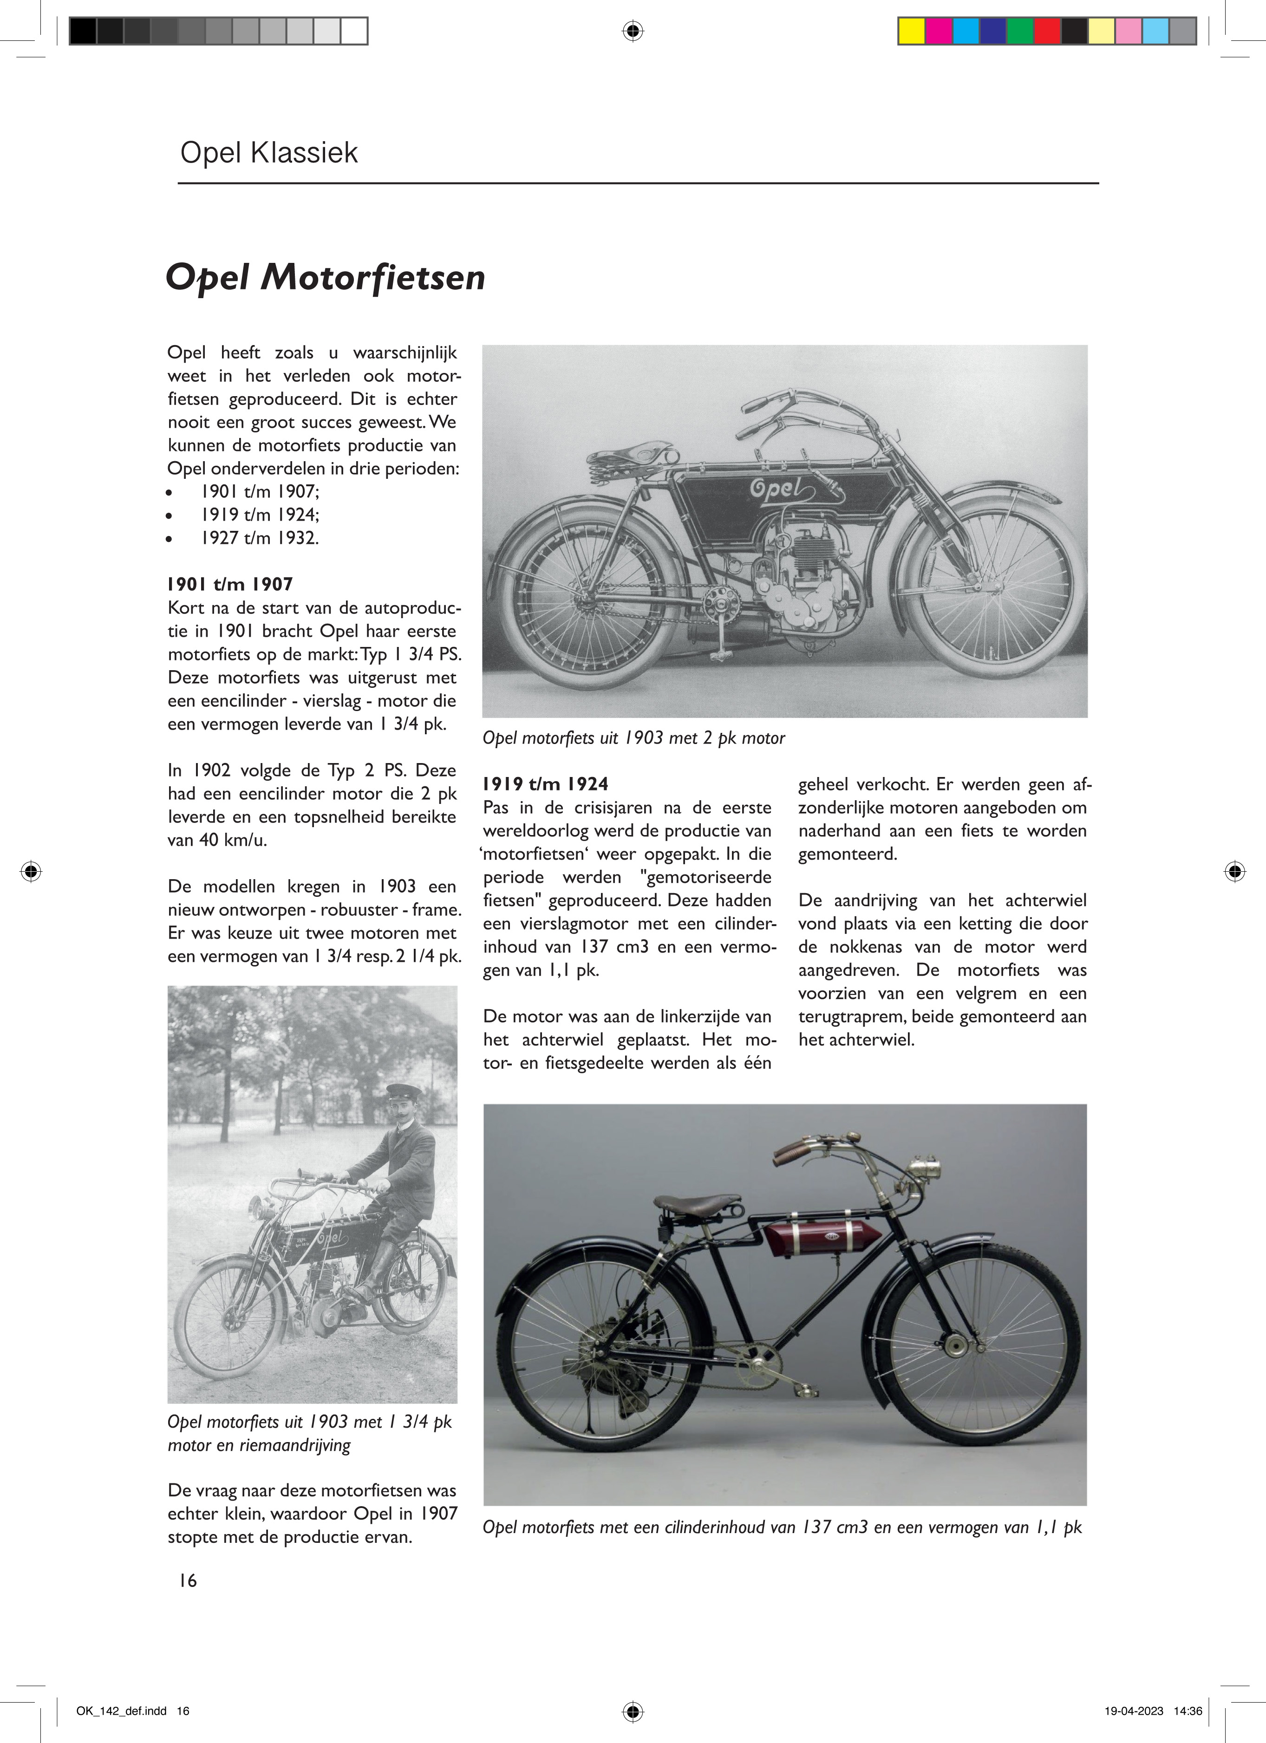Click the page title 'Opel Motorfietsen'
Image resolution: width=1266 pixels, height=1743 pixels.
pyautogui.click(x=325, y=277)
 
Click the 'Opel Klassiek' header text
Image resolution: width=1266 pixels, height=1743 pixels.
pyautogui.click(x=269, y=153)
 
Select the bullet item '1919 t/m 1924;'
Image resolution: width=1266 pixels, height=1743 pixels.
pyautogui.click(x=260, y=515)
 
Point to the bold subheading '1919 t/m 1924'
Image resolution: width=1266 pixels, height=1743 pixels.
pyautogui.click(x=545, y=784)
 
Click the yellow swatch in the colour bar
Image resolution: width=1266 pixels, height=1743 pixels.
pyautogui.click(x=912, y=31)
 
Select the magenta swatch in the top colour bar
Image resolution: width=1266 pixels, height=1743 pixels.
pyautogui.click(x=939, y=31)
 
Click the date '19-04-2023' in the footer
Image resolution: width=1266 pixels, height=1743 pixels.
pyautogui.click(x=1133, y=1711)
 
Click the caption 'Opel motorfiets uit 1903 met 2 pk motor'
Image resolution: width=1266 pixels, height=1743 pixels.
pyautogui.click(x=633, y=738)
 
